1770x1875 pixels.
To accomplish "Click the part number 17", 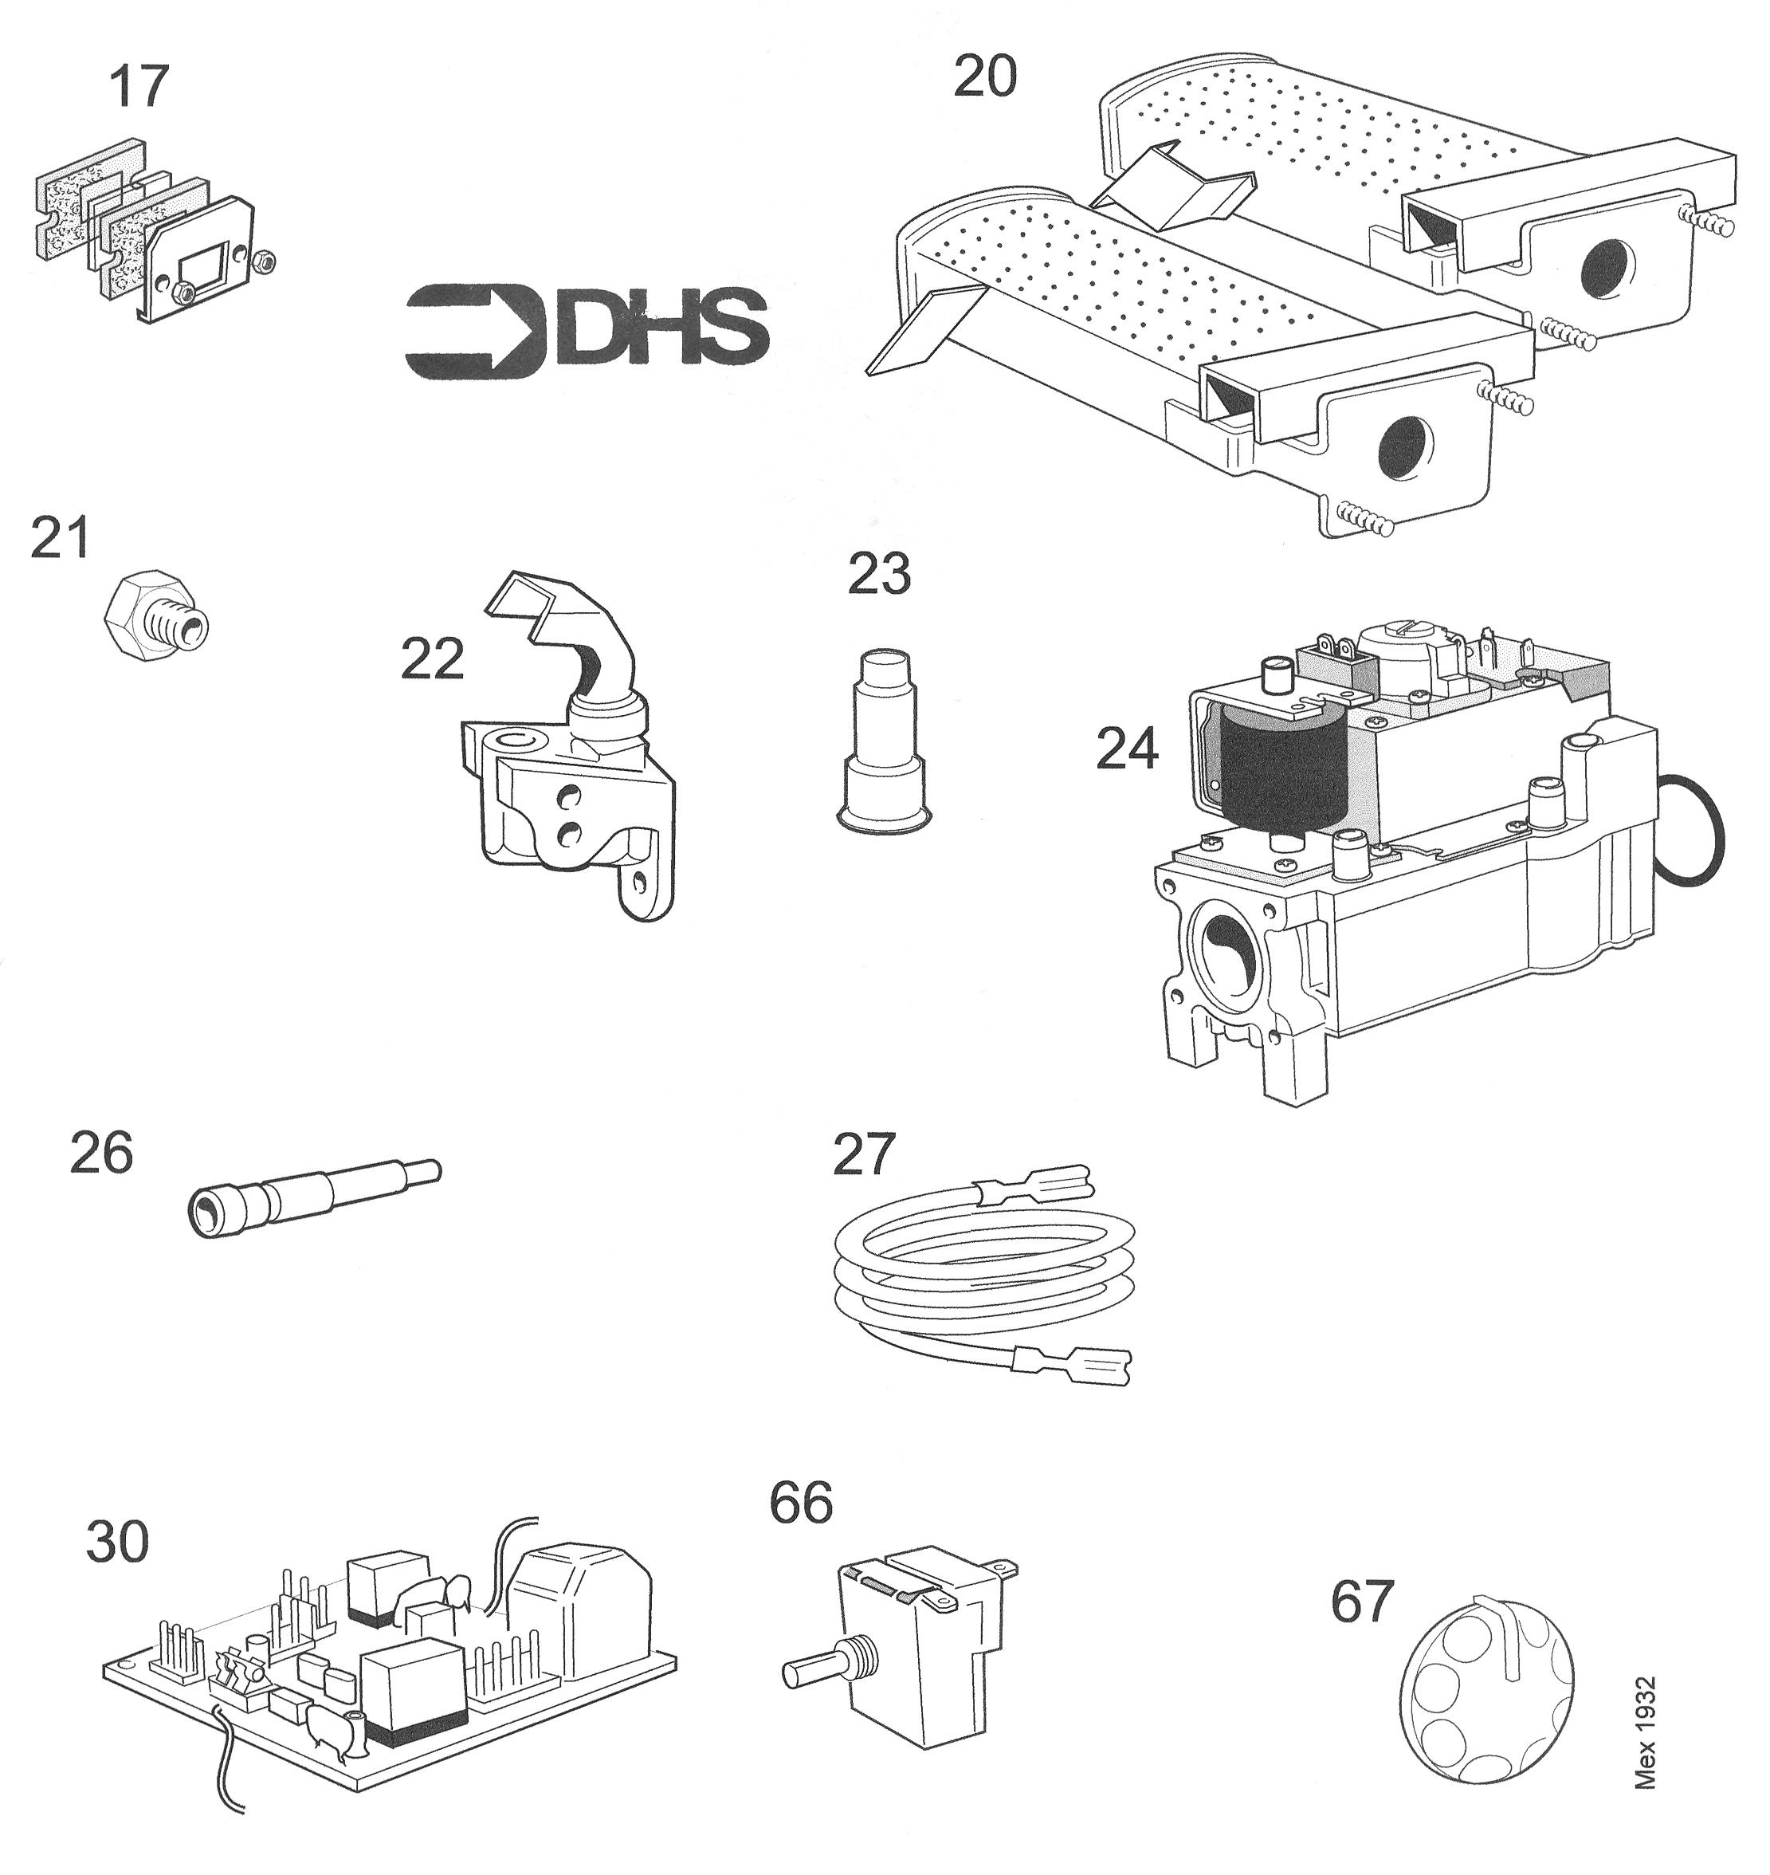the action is (x=139, y=87).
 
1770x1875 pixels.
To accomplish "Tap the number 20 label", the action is (x=985, y=77).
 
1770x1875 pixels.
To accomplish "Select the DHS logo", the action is (x=586, y=331).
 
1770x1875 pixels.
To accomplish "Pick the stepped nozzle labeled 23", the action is (x=881, y=741).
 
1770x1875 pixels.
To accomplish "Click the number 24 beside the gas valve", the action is (x=1127, y=750).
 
